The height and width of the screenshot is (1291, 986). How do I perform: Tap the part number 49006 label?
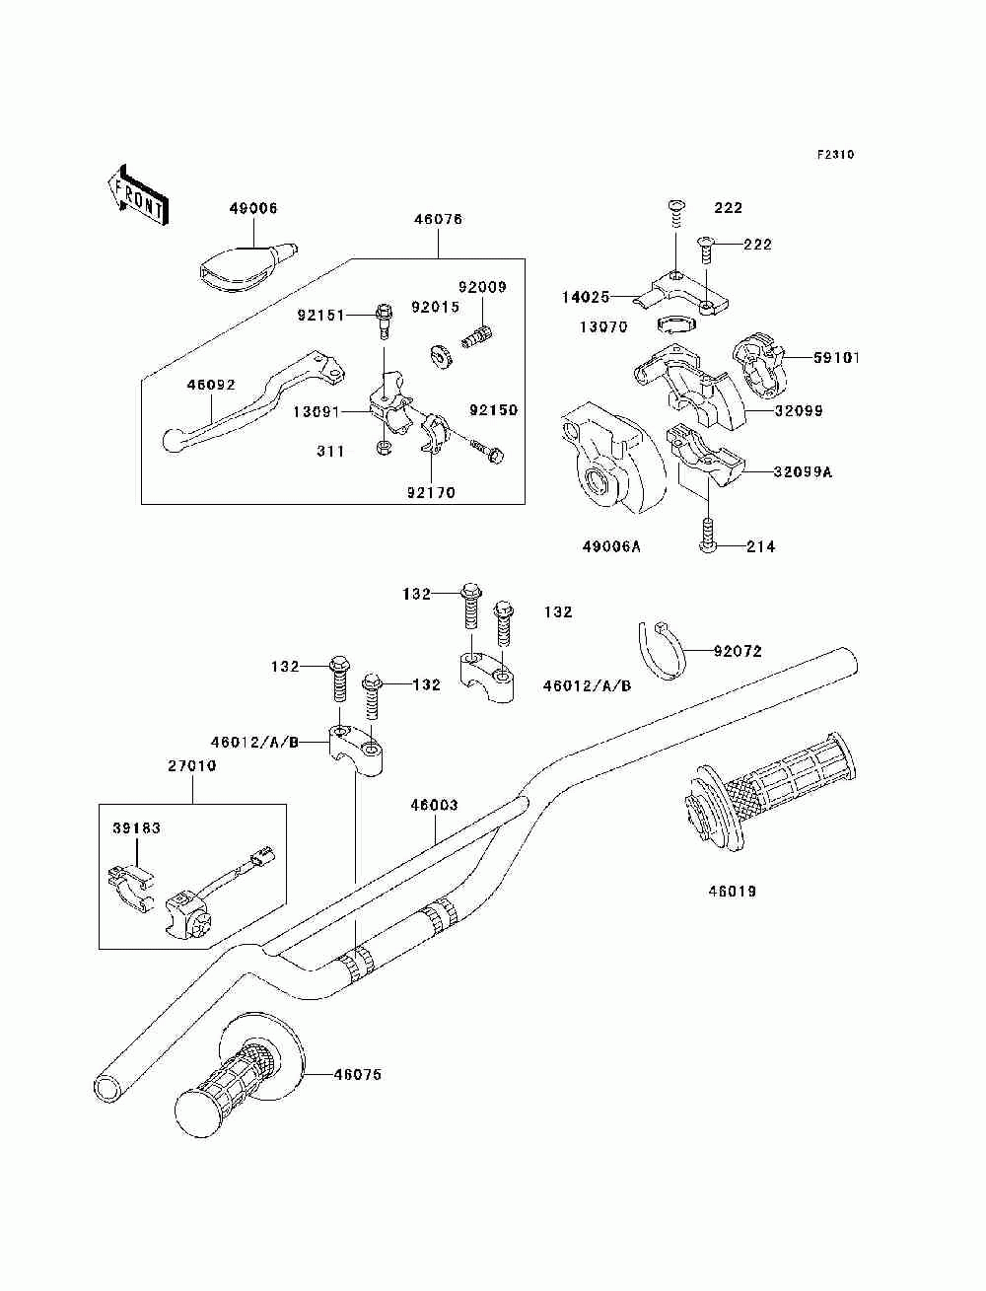[x=253, y=209]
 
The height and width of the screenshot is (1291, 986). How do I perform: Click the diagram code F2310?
[x=835, y=155]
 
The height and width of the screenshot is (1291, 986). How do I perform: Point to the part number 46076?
[x=438, y=219]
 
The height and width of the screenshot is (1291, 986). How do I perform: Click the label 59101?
[x=837, y=358]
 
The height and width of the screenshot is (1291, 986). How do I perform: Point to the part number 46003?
[x=434, y=805]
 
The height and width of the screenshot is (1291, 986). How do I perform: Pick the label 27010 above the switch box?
[x=192, y=765]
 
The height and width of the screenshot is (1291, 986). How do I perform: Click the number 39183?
[x=136, y=828]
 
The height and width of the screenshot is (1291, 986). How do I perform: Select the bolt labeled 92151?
[x=384, y=321]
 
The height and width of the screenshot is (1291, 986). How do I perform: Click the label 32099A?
[x=803, y=471]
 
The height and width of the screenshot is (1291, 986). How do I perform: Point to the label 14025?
[x=586, y=297]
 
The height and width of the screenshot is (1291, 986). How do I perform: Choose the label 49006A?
[x=611, y=547]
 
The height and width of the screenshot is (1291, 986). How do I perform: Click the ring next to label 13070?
[x=675, y=324]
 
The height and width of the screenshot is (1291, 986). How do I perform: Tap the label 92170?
[x=431, y=493]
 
